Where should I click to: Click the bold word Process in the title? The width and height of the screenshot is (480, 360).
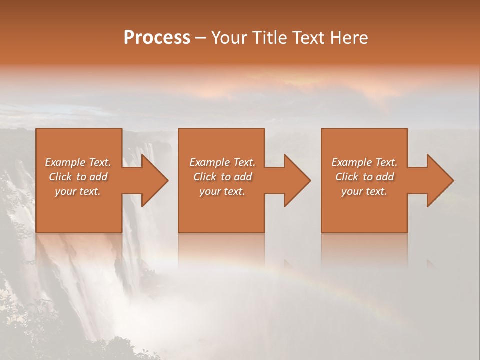157,38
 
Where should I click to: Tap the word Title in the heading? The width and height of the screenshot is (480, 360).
269,38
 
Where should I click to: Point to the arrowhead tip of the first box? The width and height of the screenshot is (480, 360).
168,181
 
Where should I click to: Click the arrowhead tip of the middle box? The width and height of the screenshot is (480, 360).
310,181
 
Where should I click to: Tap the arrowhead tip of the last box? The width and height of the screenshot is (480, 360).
453,181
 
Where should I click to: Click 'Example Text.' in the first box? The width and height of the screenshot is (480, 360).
78,162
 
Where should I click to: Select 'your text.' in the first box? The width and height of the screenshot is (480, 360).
78,191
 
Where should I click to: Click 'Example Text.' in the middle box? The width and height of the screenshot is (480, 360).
222,162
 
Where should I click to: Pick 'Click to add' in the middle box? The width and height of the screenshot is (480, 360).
222,177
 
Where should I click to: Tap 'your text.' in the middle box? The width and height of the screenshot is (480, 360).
222,191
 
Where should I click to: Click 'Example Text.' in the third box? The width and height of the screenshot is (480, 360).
364,162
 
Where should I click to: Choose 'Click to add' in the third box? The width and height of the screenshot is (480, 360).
364,177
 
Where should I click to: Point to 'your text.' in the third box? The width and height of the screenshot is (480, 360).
364,191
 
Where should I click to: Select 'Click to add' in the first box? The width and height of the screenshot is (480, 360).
78,177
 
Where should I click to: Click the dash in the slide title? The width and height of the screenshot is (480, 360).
201,38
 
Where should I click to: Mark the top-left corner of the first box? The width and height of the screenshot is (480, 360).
36,129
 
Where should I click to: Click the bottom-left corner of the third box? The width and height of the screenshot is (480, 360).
321,232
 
